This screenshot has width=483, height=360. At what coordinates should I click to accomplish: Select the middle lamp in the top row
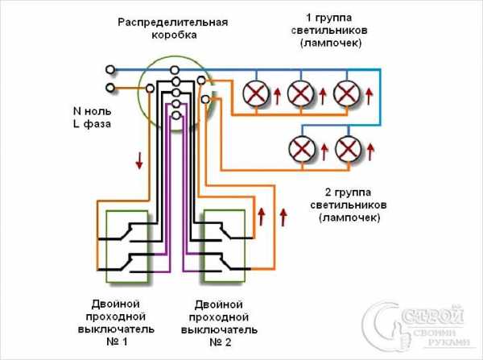click(300, 94)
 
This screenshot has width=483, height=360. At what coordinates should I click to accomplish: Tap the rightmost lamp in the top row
click(346, 94)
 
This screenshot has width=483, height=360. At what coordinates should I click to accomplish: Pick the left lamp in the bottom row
click(301, 148)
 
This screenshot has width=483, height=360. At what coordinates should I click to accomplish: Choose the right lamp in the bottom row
click(347, 148)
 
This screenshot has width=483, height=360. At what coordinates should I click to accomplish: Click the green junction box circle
click(172, 93)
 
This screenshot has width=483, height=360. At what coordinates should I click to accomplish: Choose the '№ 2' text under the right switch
click(218, 343)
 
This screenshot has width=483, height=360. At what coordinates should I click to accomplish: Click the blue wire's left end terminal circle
click(111, 69)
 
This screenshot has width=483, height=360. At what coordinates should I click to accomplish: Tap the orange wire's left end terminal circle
click(111, 86)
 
